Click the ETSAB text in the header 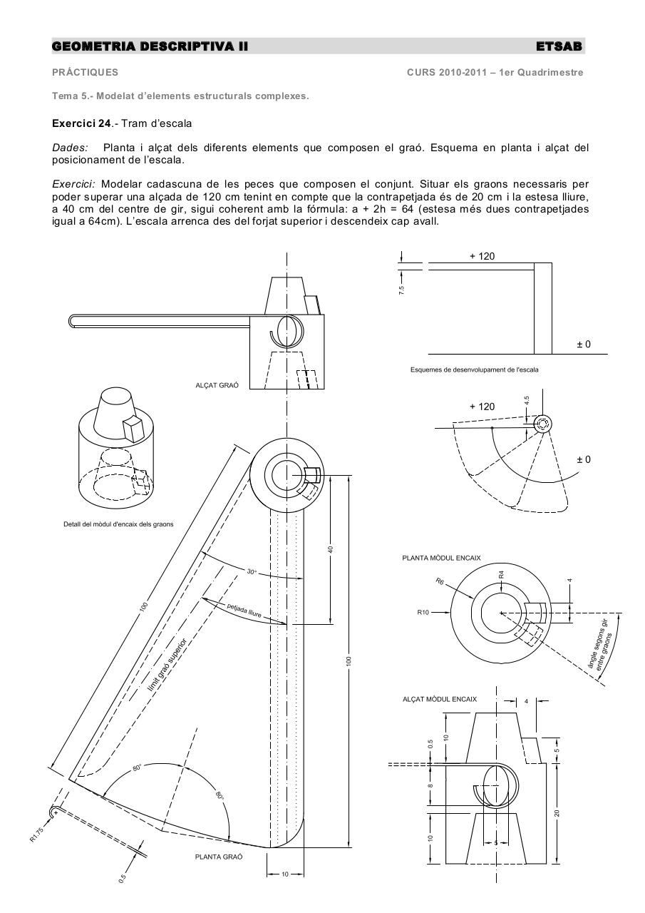pyautogui.click(x=559, y=46)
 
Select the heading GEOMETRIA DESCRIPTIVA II pyautogui.click(x=150, y=46)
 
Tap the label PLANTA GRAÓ pyautogui.click(x=218, y=857)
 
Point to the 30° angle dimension pyautogui.click(x=252, y=571)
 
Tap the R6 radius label pyautogui.click(x=441, y=581)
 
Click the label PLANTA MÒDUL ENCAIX pyautogui.click(x=441, y=558)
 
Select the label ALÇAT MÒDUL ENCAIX pyautogui.click(x=440, y=699)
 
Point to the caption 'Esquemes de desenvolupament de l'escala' pyautogui.click(x=474, y=369)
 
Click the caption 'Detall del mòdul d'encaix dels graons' pyautogui.click(x=118, y=524)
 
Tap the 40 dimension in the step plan pyautogui.click(x=331, y=549)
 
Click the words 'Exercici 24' pyautogui.click(x=81, y=123)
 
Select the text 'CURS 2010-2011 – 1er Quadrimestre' pyautogui.click(x=495, y=72)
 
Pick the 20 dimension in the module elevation pyautogui.click(x=558, y=812)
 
